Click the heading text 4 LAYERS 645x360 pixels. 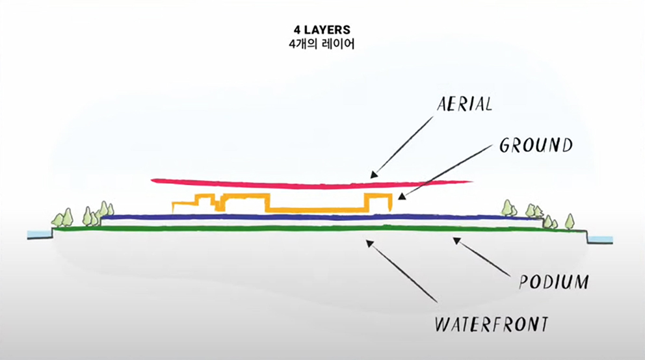[x=322, y=30]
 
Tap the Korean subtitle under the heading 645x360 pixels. [x=322, y=44]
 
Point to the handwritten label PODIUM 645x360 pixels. [x=555, y=283]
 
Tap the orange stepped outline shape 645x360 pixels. [x=312, y=210]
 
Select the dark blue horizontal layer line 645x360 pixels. [x=312, y=217]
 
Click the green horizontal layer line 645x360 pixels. [x=312, y=228]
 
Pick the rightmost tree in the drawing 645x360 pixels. [x=570, y=221]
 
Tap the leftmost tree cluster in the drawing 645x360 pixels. [x=63, y=218]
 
